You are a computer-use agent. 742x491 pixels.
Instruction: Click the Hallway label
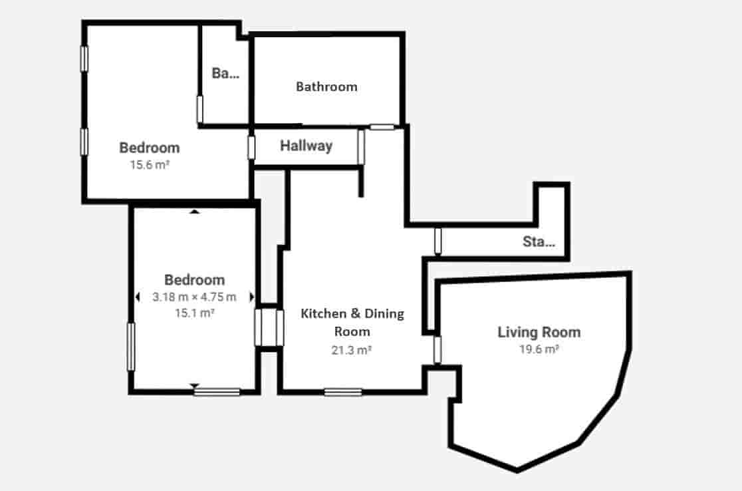pyautogui.click(x=306, y=146)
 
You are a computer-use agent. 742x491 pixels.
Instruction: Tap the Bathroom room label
pyautogui.click(x=326, y=86)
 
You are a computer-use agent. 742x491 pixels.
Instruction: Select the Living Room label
pyautogui.click(x=539, y=332)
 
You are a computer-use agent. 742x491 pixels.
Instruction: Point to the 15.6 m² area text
pyautogui.click(x=149, y=165)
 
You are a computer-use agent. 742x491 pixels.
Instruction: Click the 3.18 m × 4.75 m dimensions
pyautogui.click(x=194, y=297)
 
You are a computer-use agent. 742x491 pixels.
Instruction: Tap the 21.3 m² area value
pyautogui.click(x=352, y=349)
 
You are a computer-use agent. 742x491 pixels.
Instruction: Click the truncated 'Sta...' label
pyautogui.click(x=539, y=242)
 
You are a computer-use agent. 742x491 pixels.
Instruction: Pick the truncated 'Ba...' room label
pyautogui.click(x=225, y=74)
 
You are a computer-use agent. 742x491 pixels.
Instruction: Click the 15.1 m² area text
pyautogui.click(x=194, y=313)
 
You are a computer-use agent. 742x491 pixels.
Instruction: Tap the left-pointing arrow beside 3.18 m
pyautogui.click(x=138, y=297)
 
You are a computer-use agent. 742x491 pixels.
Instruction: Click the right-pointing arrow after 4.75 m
pyautogui.click(x=251, y=297)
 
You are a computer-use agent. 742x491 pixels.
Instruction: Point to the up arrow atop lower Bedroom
pyautogui.click(x=194, y=212)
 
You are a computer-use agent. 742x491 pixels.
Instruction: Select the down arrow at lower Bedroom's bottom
pyautogui.click(x=194, y=385)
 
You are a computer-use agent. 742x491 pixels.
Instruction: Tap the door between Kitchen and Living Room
pyautogui.click(x=437, y=350)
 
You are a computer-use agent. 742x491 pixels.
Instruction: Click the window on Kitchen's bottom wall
pyautogui.click(x=343, y=392)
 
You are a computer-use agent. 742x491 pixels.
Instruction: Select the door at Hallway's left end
pyautogui.click(x=251, y=147)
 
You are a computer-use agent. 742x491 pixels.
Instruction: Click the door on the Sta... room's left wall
pyautogui.click(x=437, y=241)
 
